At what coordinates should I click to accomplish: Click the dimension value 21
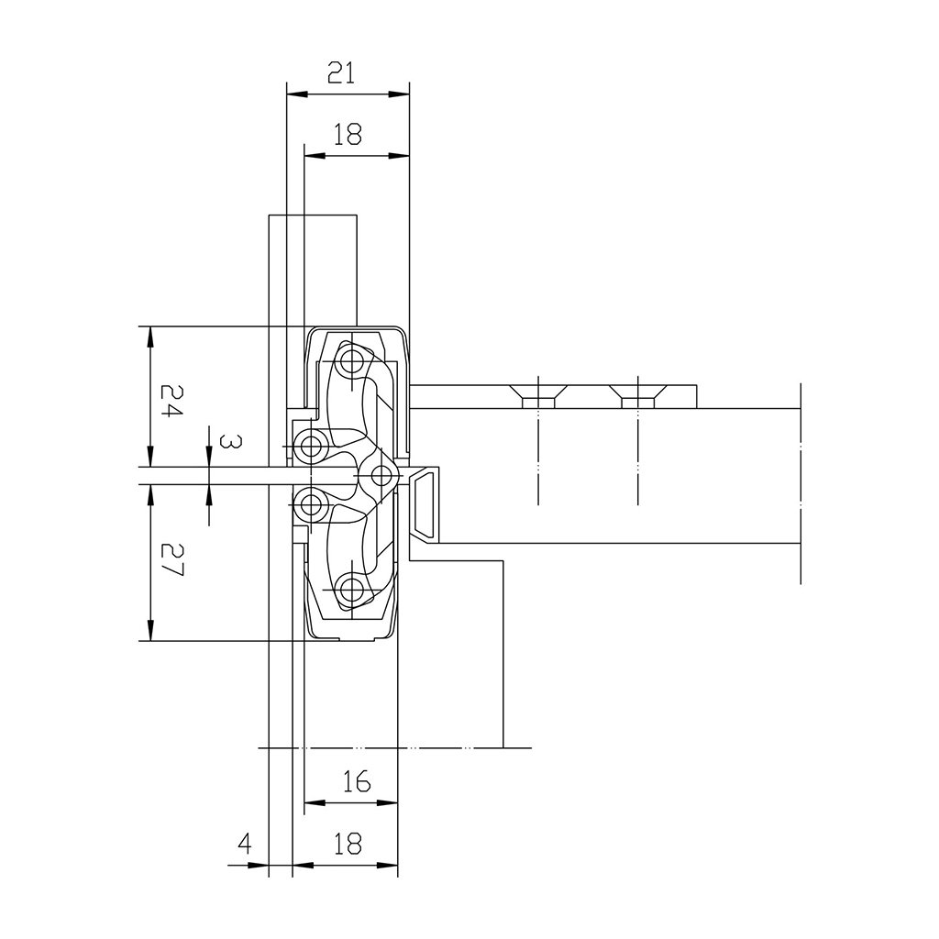[x=341, y=73]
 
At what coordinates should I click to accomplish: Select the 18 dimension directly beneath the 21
[x=348, y=135]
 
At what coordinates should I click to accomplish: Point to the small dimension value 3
[x=230, y=442]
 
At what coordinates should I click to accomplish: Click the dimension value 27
[x=171, y=559]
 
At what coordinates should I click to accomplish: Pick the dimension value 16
[x=357, y=781]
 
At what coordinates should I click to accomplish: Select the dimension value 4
[x=244, y=844]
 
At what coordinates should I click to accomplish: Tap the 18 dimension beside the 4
[x=348, y=844]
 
